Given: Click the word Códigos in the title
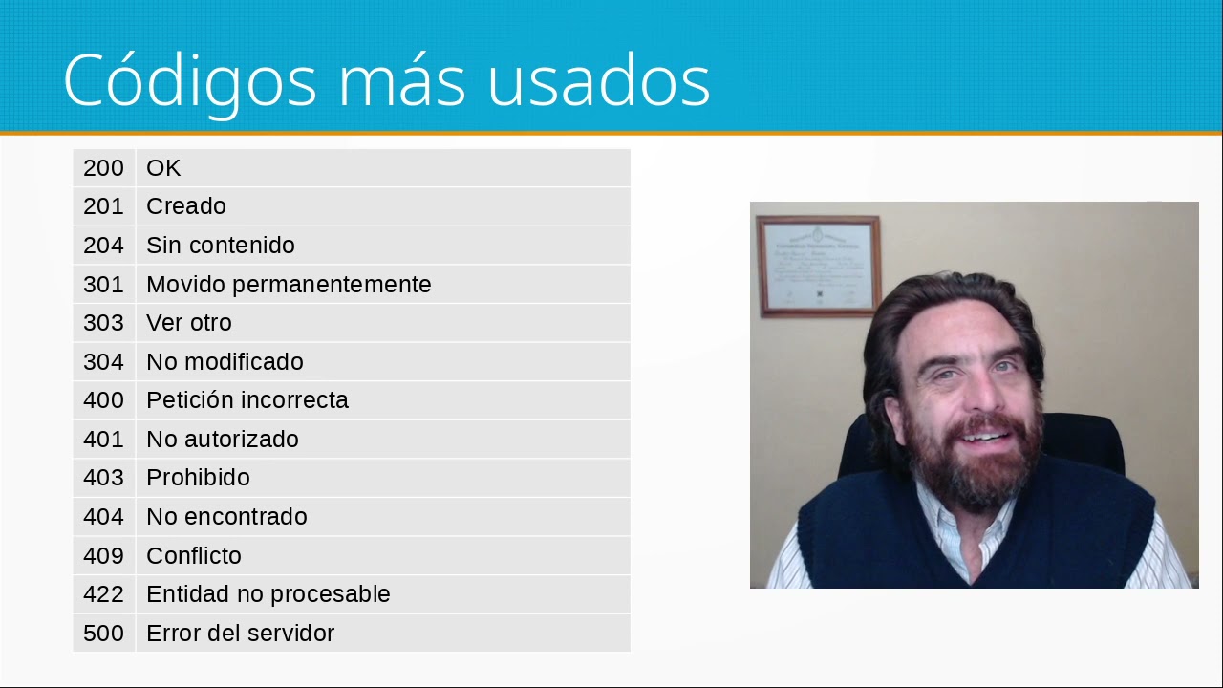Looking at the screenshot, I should pos(189,80).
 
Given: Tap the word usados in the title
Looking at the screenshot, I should pos(598,80).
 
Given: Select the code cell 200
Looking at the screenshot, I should pos(103,168).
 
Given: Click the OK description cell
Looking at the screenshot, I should pos(163,168).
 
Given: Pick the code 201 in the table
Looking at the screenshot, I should pos(103,206).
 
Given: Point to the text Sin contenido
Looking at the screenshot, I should pos(220,246).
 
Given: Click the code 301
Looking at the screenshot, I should pos(103,285).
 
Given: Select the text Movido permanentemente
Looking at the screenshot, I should pos(289,285).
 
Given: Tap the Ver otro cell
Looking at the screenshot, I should pos(189,323).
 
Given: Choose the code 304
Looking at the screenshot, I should pos(103,362).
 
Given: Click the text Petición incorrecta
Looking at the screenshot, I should pos(247,400).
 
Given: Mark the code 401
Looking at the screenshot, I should pos(103,440).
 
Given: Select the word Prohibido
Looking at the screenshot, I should pos(198,478).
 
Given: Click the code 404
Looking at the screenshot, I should pos(103,517).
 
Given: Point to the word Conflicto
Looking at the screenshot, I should pos(193,556).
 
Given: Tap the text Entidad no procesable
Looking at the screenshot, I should pos(268,594).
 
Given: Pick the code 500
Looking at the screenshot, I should pos(103,634).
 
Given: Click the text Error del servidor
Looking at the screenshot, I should pos(240,634).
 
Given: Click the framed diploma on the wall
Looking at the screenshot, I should pos(818,266).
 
